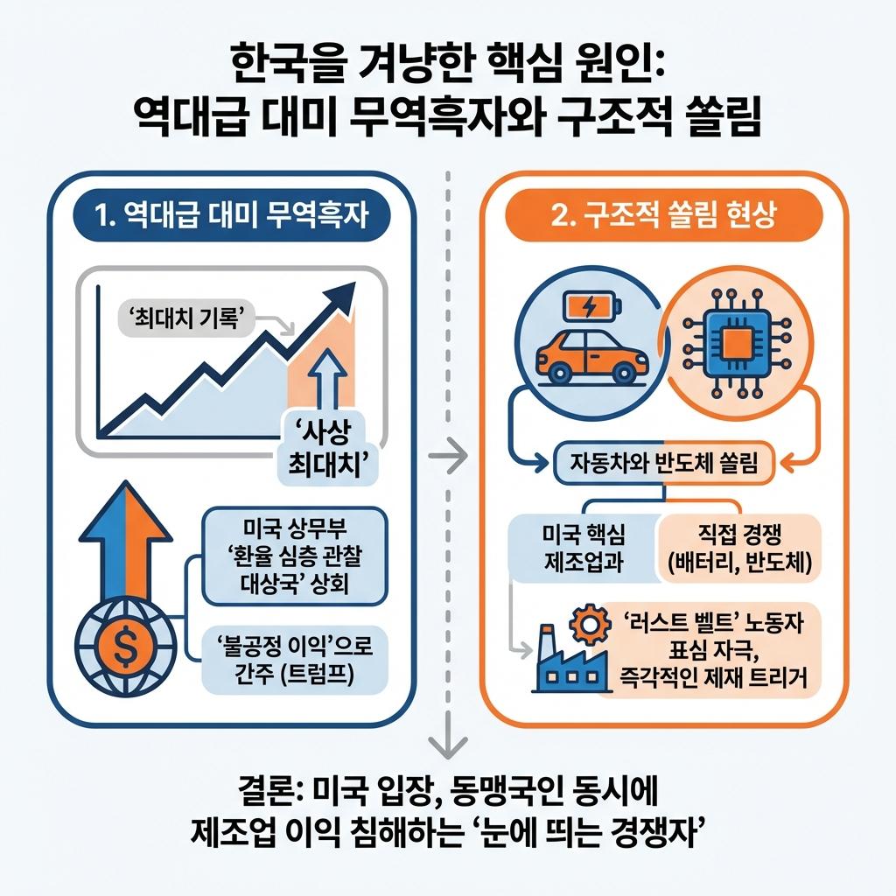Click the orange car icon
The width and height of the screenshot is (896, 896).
pos(591,353)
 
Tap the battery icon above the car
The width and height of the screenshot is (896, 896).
pos(591,306)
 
